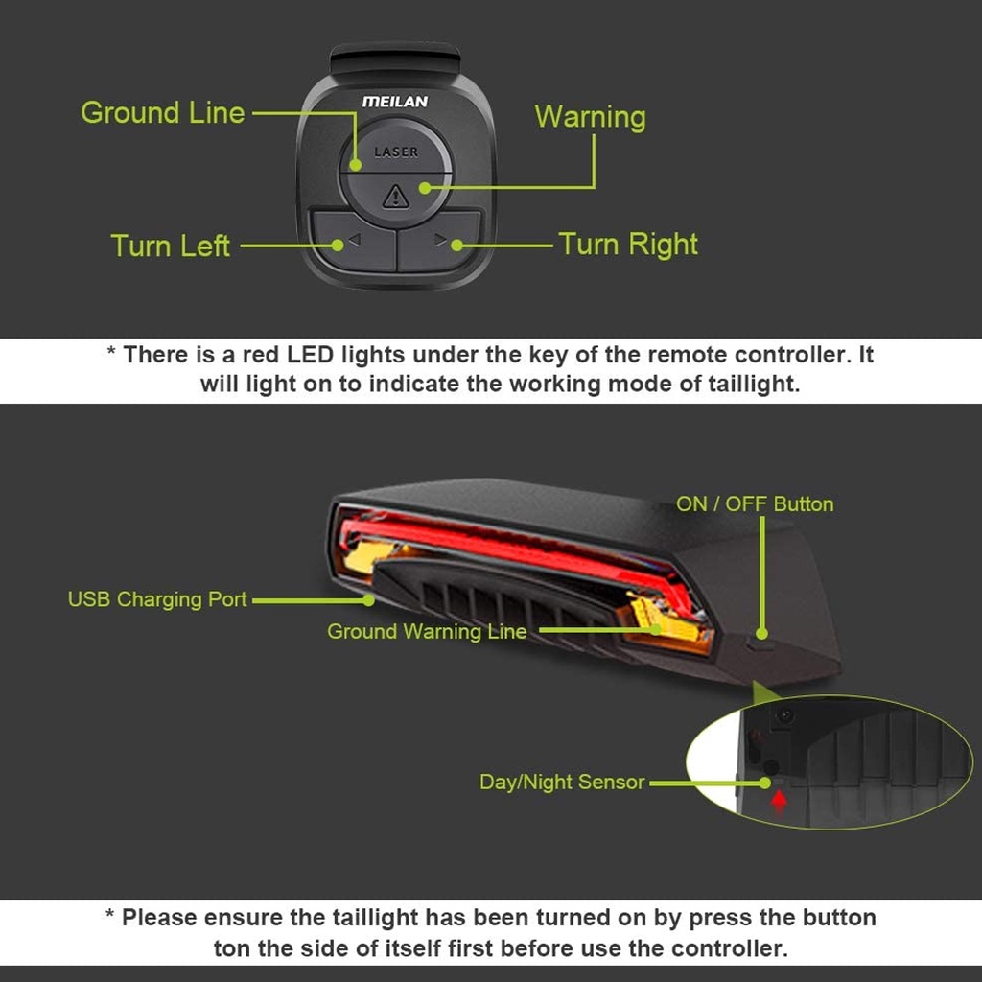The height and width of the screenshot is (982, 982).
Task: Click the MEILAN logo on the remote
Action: point(395,102)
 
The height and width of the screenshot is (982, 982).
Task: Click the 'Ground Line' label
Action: point(163,113)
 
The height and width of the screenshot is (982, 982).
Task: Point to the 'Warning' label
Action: point(590,117)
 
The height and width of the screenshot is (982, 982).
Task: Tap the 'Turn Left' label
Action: point(171,245)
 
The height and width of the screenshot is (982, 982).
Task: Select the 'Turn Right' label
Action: point(628,245)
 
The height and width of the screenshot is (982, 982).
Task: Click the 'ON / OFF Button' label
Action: point(755,504)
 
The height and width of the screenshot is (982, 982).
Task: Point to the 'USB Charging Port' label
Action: point(157,600)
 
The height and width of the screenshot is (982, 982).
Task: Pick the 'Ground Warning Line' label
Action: point(427,632)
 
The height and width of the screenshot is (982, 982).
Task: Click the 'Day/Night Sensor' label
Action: point(562,783)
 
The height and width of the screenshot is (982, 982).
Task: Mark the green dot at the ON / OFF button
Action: point(761,633)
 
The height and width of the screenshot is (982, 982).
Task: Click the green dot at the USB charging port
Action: point(368,601)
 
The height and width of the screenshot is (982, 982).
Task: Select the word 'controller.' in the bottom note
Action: point(730,949)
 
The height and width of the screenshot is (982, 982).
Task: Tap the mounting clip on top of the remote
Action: point(395,58)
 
